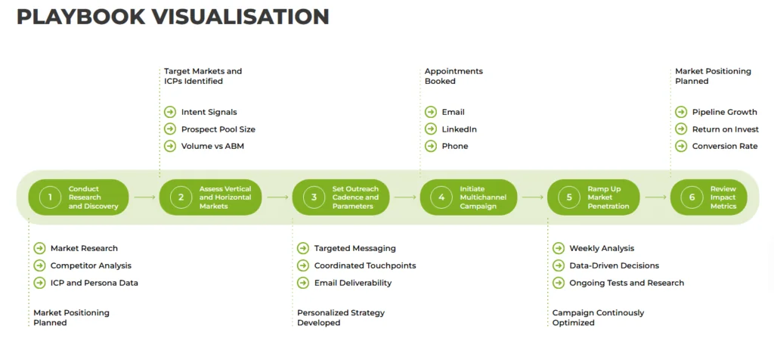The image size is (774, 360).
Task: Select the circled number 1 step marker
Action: coord(50,197)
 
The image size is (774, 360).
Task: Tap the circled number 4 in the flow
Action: coord(441,197)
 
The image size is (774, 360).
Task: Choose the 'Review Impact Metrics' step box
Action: coord(708,197)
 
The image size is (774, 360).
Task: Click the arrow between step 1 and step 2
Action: coord(142,197)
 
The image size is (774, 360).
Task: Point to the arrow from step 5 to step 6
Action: coord(656,197)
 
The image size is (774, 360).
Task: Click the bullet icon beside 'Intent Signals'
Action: coord(170,112)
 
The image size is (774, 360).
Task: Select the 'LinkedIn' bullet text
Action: coord(459,129)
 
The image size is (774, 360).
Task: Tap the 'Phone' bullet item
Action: coord(454,146)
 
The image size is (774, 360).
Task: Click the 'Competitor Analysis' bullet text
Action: coord(91,265)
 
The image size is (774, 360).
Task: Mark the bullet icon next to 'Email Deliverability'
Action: coord(303,283)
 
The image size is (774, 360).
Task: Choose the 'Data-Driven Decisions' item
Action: coord(614,265)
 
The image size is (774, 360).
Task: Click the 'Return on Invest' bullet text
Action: coord(724,129)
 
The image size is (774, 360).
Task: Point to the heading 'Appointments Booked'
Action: coord(454,76)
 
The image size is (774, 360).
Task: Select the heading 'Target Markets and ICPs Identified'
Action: coord(203,76)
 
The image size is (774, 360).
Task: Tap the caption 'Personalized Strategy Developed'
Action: coord(341,318)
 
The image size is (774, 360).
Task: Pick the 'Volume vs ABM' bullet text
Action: coord(212,146)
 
